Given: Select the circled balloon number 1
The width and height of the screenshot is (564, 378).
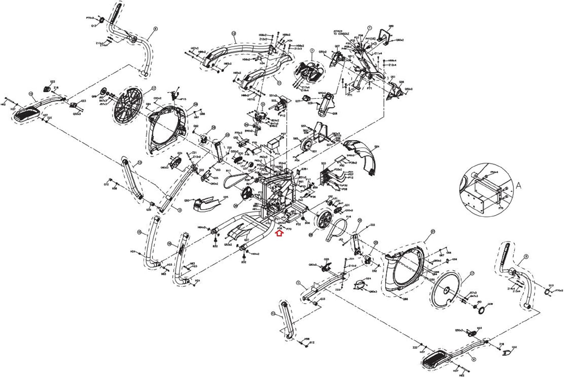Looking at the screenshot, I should coord(369,28).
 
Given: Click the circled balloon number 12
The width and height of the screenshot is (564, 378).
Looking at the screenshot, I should coord(233,33).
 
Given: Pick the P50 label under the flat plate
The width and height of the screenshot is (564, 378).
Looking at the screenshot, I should coord(342,165).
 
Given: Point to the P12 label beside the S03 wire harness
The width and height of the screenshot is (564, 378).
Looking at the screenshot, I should coord(350,178).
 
